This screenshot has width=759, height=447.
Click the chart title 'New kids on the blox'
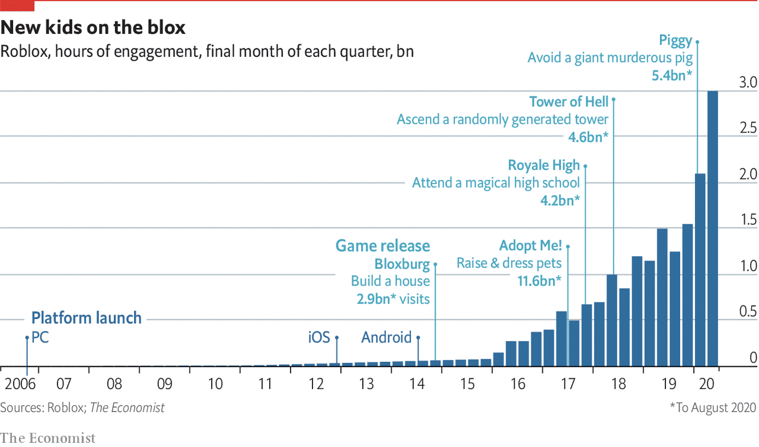pos(93,27)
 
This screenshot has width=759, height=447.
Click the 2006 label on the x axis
pos(20,384)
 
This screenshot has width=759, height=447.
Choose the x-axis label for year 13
pos(366,384)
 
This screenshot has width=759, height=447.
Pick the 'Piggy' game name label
pos(675,40)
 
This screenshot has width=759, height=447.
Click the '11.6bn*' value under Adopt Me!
pos(539,281)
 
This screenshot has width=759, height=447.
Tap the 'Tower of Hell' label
pos(569,102)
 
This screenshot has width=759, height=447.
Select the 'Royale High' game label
pos(544,165)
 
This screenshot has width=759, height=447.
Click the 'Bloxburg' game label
pos(402,263)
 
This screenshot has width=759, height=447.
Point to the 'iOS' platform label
pos(318,337)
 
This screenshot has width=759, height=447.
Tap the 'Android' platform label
pos(386,337)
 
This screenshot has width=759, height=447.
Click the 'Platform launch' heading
pos(86,318)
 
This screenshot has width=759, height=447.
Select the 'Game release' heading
pos(382,246)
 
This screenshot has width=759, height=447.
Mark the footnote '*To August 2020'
pos(713,408)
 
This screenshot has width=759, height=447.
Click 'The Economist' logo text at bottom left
pos(47,438)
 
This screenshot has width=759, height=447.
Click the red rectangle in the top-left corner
pos(17,6)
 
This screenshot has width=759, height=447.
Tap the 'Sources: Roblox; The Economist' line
pos(82,408)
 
